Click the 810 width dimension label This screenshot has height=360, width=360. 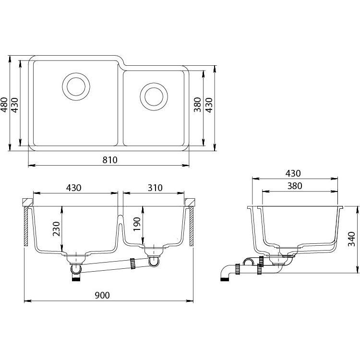click(x=110, y=160)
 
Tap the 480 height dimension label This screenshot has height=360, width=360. click(x=4, y=105)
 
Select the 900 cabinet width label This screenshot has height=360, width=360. click(x=102, y=295)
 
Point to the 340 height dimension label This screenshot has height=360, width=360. click(x=352, y=239)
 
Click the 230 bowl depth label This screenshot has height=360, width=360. click(x=56, y=229)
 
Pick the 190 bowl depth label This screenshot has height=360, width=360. click(x=137, y=224)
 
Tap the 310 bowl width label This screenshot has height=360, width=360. click(x=155, y=188)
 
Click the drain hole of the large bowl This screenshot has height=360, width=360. click(x=76, y=86)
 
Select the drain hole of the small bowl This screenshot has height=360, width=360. click(x=154, y=96)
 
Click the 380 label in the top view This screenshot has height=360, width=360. click(x=197, y=105)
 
